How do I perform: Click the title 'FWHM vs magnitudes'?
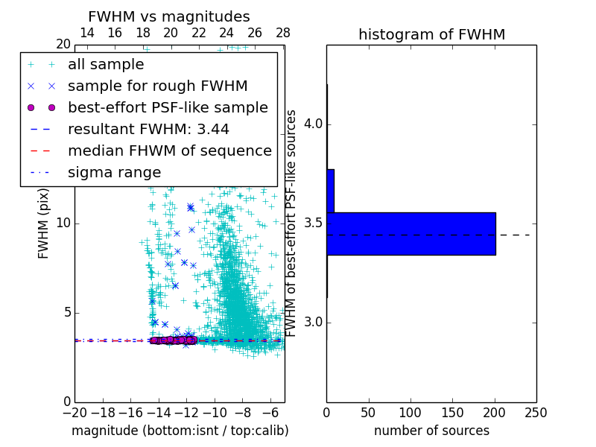tap(169, 16)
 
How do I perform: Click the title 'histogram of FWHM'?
tap(431, 34)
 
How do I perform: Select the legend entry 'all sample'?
tap(106, 65)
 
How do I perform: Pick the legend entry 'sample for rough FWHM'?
tap(157, 86)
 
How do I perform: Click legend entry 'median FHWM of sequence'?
tap(169, 150)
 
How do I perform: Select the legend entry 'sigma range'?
tap(114, 172)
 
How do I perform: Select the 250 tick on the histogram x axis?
tap(536, 412)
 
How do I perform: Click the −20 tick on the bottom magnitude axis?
tap(74, 412)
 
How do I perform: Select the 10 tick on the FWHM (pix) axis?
tap(63, 223)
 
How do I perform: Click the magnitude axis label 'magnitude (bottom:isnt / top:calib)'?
tap(180, 431)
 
